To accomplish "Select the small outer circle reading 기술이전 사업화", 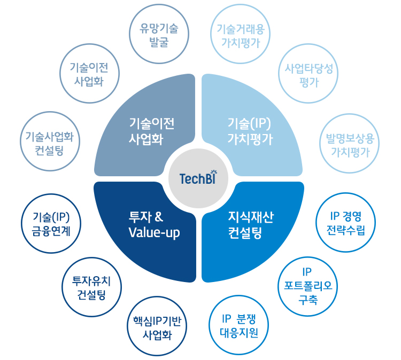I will point(89,74).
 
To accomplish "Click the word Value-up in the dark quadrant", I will point(155,233).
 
